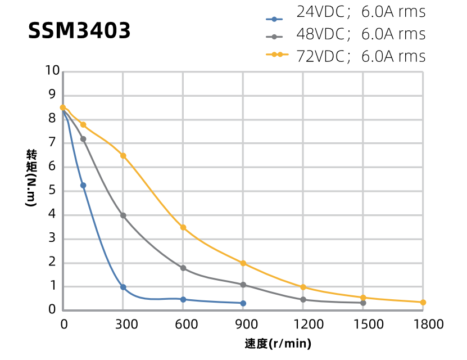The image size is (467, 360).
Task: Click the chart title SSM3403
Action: (x=79, y=31)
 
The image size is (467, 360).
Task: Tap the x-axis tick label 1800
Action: (x=428, y=324)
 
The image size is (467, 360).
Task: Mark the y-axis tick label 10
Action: (x=52, y=71)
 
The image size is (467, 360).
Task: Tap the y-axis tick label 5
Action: (x=52, y=191)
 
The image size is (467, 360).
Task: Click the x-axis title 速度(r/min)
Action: (x=278, y=344)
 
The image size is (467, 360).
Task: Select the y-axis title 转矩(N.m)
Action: (x=31, y=178)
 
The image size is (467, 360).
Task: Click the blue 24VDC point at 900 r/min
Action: (x=243, y=303)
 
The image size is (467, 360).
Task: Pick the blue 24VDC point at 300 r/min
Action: (x=123, y=287)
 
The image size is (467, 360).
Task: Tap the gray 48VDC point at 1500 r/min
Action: (x=363, y=303)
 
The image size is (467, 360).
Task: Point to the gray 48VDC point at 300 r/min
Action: (x=123, y=215)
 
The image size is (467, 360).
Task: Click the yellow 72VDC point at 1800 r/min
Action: (x=423, y=303)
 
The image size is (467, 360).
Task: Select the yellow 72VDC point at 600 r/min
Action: (x=183, y=227)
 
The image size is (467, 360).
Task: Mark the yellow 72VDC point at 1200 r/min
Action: (x=303, y=287)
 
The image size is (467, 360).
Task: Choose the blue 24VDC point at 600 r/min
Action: (x=183, y=299)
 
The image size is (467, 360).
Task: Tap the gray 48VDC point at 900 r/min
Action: (x=243, y=285)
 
